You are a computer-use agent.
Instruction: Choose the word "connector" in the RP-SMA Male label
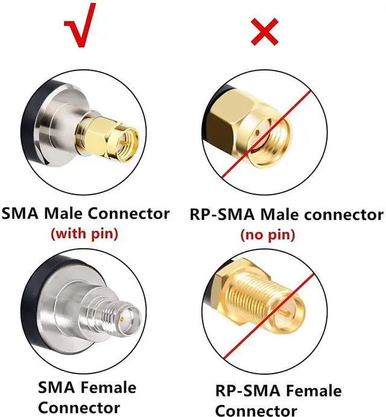pyautogui.click(x=346, y=215)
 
